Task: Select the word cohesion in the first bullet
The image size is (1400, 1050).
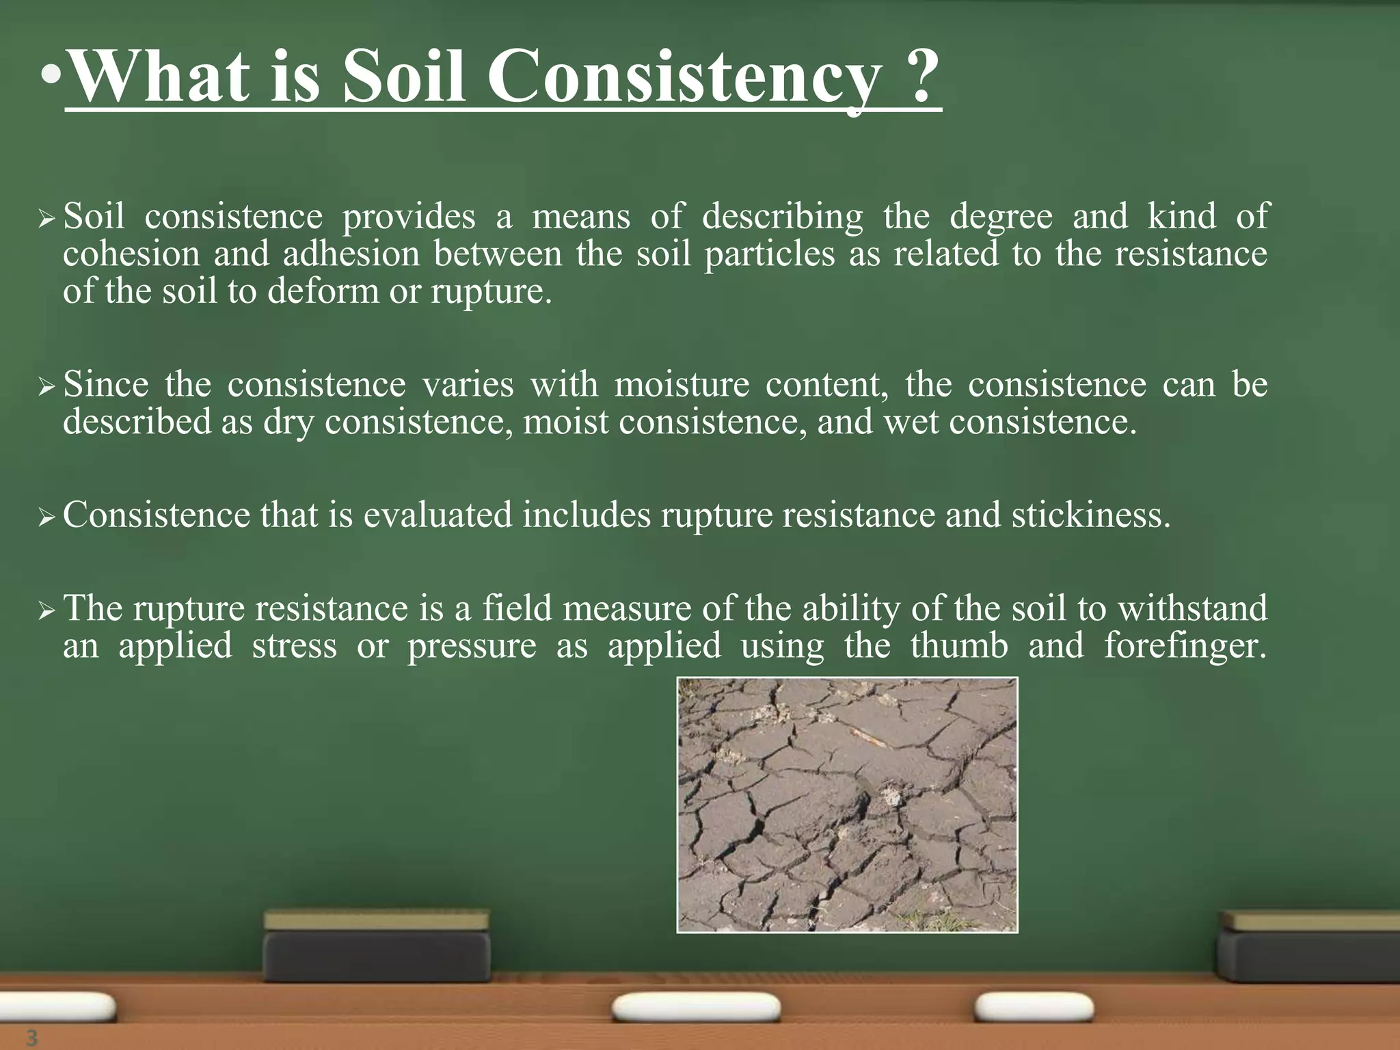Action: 131,254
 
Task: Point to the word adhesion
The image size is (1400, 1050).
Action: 351,254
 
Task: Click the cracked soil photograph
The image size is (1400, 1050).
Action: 847,805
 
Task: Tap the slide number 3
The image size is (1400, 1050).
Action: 31,1037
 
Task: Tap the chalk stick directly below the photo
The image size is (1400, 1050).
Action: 696,1008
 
